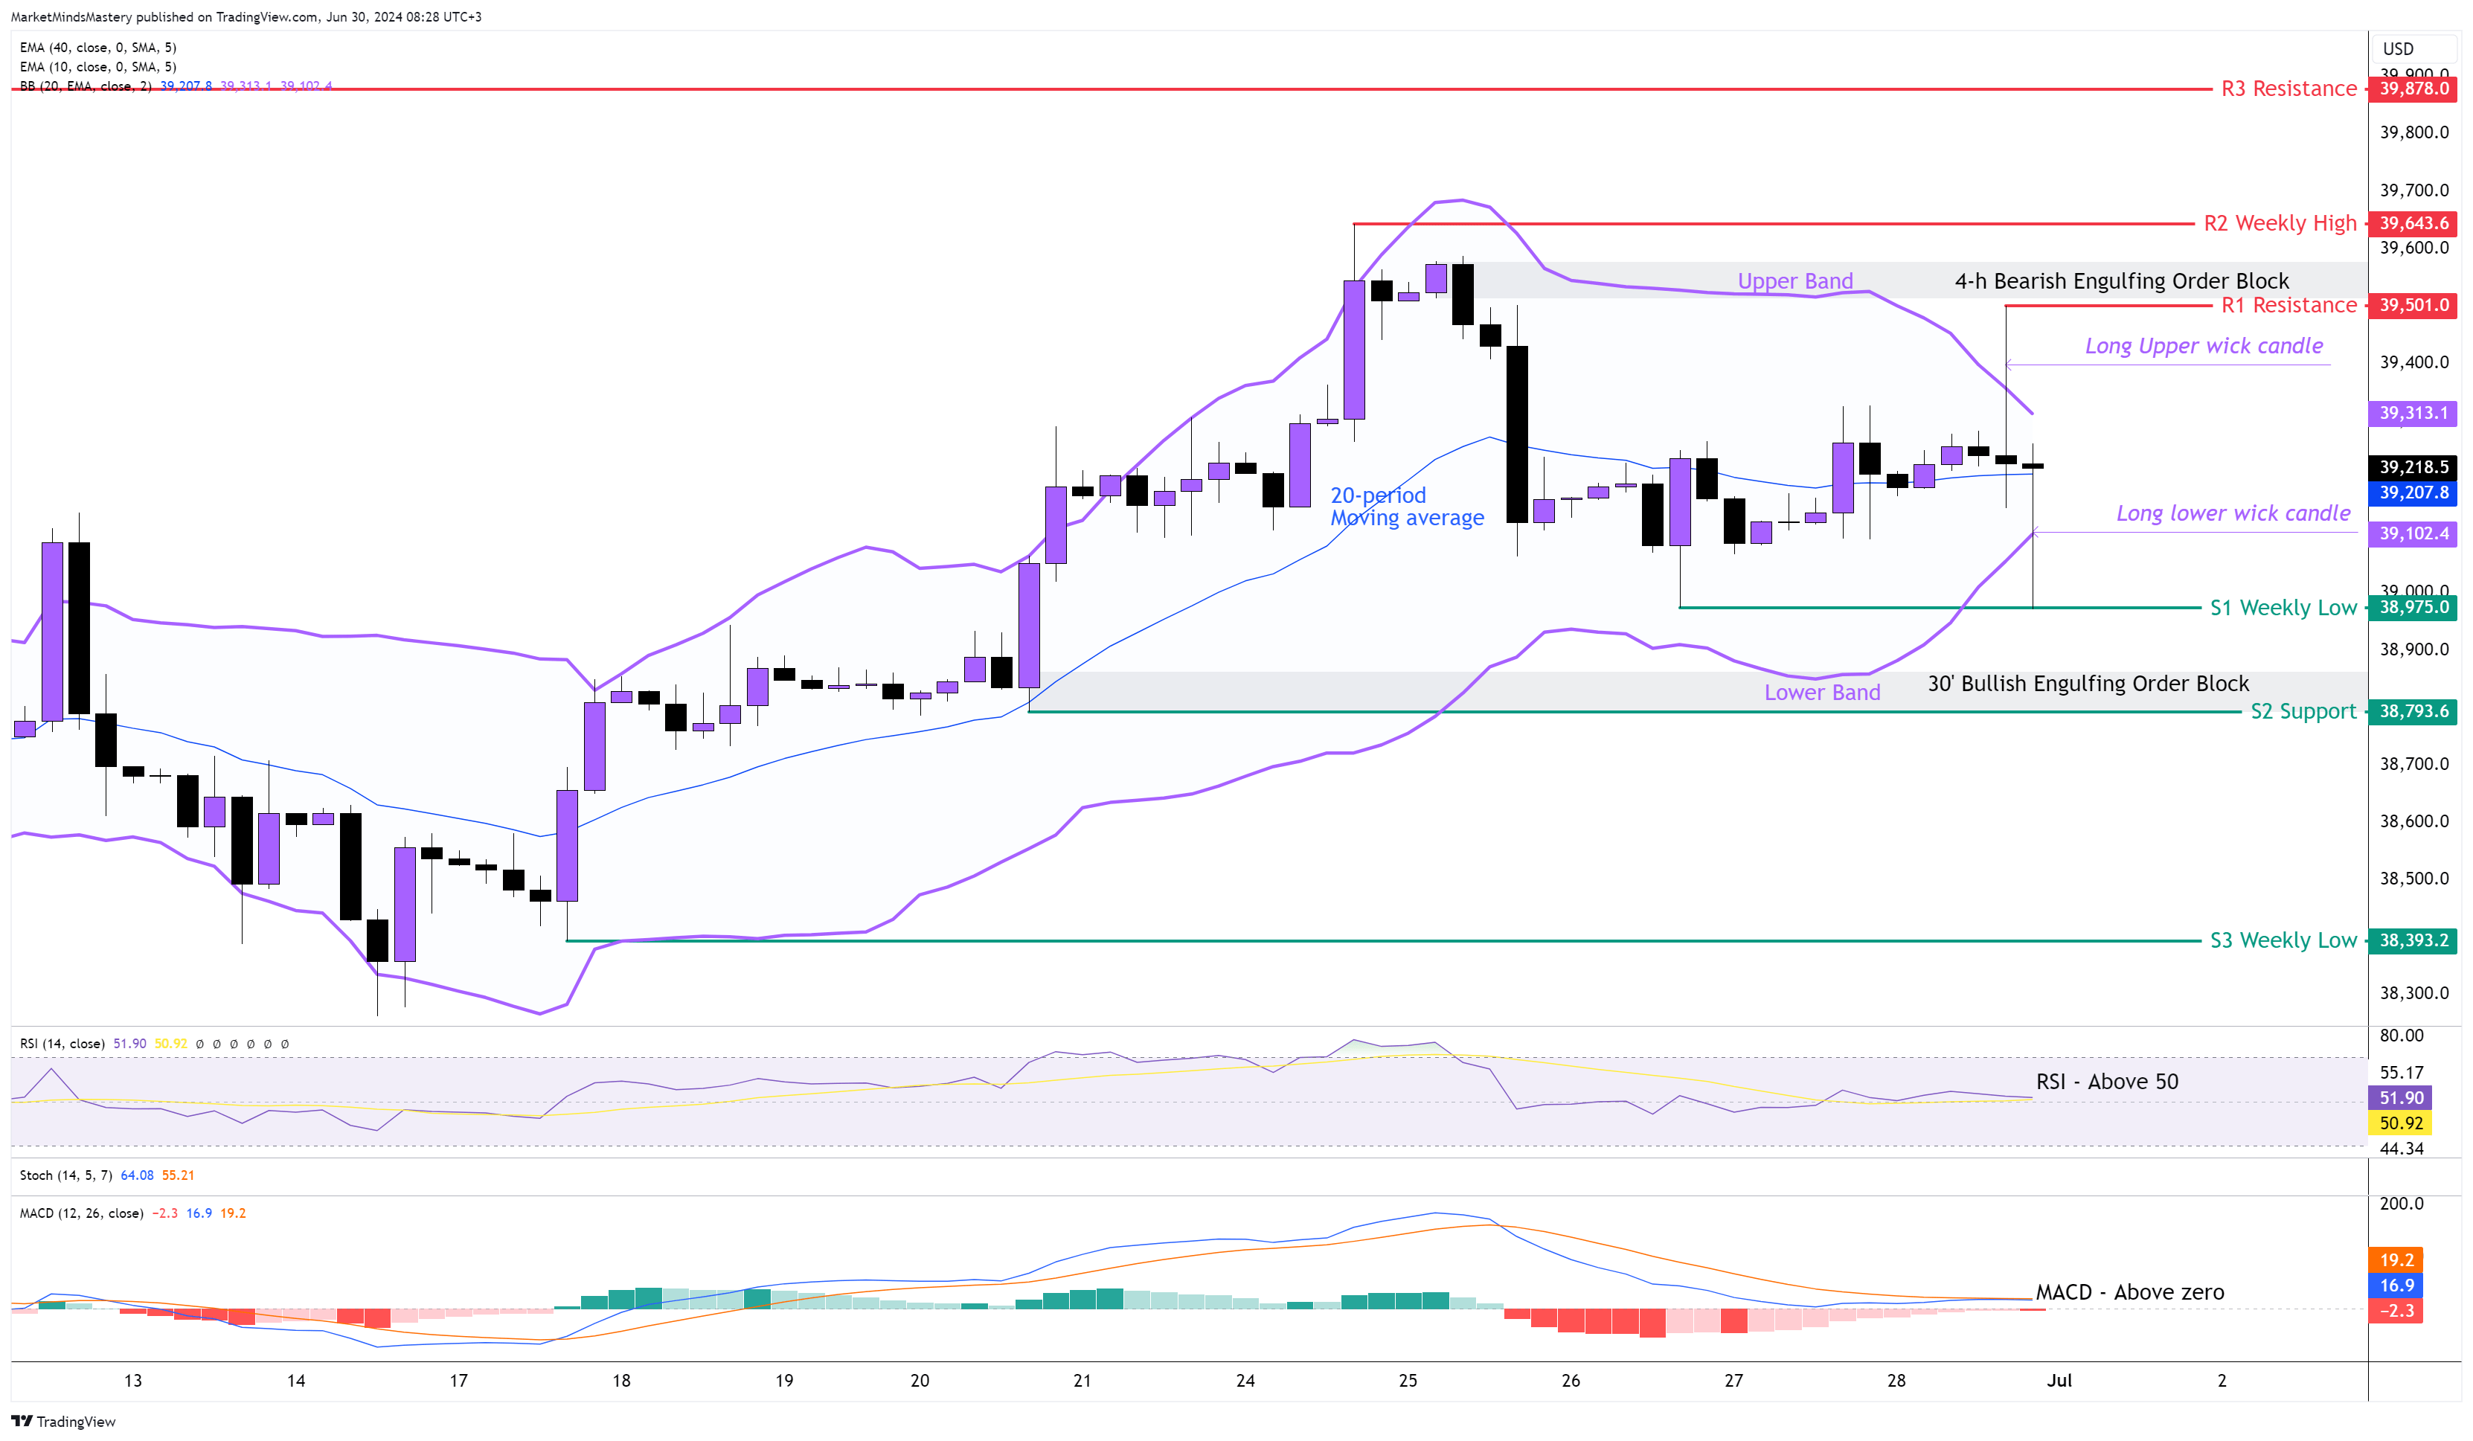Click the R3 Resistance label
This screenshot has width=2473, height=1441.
[2288, 89]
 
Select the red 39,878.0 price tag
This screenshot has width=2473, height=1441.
[2413, 89]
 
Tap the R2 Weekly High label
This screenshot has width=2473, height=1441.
[2279, 224]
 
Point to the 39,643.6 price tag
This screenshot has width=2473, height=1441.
[2413, 224]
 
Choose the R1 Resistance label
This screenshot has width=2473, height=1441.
[2288, 305]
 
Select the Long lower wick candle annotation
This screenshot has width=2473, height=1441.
[2233, 513]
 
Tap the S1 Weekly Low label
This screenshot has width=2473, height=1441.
[2282, 608]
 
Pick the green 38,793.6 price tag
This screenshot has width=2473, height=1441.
[2413, 710]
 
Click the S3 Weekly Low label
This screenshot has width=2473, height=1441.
[2282, 940]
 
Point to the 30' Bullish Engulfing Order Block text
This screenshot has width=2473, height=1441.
[2088, 683]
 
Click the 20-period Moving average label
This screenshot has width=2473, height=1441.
[1406, 507]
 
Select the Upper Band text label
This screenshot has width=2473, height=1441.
[1795, 282]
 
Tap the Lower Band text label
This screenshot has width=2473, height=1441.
[1821, 692]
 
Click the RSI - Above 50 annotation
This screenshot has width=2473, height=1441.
[2106, 1082]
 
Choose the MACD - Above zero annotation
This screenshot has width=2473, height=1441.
[2129, 1291]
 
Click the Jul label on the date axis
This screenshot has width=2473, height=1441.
[2059, 1380]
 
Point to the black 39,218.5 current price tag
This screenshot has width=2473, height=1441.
[2413, 467]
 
